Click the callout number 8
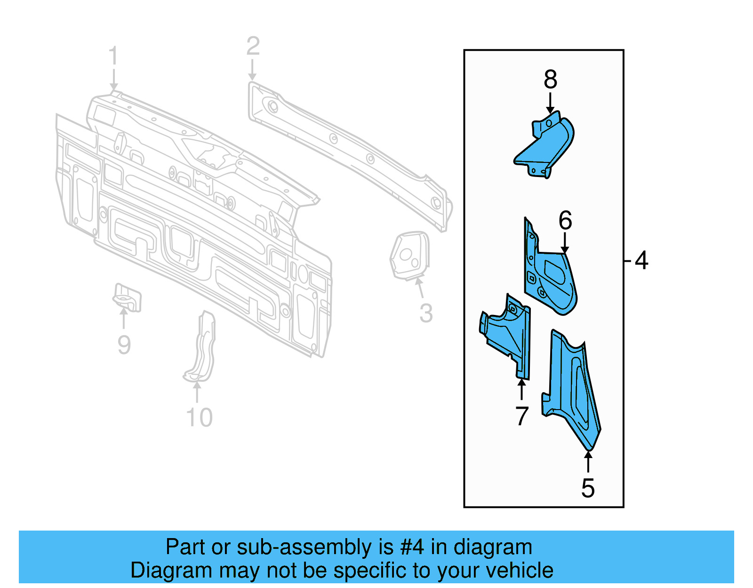pyautogui.click(x=550, y=80)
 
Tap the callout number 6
pyautogui.click(x=565, y=220)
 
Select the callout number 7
pyautogui.click(x=522, y=416)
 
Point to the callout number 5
pyautogui.click(x=588, y=488)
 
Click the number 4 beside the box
pyautogui.click(x=641, y=260)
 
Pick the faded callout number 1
pyautogui.click(x=113, y=56)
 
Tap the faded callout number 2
pyautogui.click(x=253, y=46)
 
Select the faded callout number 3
pyautogui.click(x=426, y=314)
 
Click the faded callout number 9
pyautogui.click(x=124, y=345)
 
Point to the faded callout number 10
pyautogui.click(x=200, y=418)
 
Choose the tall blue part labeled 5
pyautogui.click(x=574, y=391)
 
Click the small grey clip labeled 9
pyautogui.click(x=127, y=297)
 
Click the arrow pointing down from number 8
pyautogui.click(x=550, y=104)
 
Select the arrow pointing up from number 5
pyautogui.click(x=588, y=461)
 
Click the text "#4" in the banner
pyautogui.click(x=412, y=548)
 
